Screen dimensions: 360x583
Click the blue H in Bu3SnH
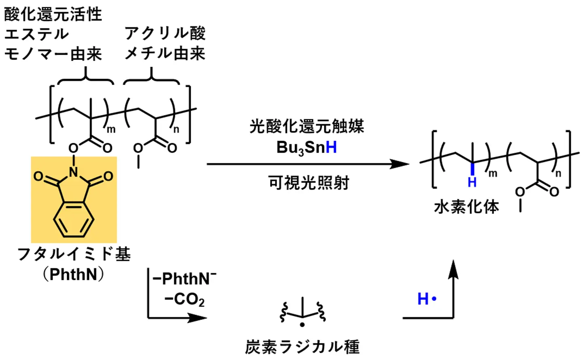(331, 147)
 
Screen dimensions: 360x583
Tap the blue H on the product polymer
(472, 182)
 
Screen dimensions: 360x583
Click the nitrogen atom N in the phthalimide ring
(73, 173)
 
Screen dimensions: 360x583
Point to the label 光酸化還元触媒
(306, 126)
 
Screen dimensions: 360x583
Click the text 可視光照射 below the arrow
(309, 183)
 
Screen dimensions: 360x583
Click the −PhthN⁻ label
(185, 279)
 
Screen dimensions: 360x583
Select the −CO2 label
(184, 300)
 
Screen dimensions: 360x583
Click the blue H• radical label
(427, 299)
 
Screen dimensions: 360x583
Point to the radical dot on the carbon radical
(302, 325)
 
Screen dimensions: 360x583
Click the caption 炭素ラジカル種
(302, 347)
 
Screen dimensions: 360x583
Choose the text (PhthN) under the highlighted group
(74, 275)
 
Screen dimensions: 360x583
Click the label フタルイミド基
(74, 254)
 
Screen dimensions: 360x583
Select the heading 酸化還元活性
(53, 14)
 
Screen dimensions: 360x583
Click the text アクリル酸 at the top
(165, 33)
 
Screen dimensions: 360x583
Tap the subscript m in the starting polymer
(111, 130)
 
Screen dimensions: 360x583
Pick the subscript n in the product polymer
(558, 174)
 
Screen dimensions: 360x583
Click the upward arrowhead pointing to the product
(454, 268)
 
